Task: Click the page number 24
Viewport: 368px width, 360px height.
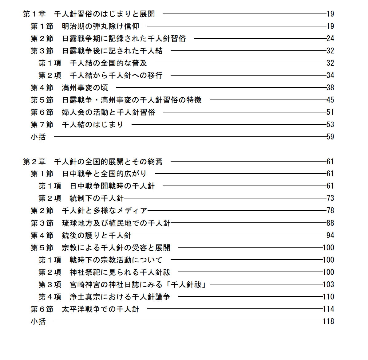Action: coord(330,39)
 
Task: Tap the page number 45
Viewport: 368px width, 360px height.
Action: coord(330,100)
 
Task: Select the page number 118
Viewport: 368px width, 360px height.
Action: coord(328,322)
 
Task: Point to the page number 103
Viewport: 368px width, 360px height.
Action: coord(328,285)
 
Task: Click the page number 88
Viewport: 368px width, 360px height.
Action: coord(330,223)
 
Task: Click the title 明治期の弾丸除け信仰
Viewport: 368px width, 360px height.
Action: coord(101,26)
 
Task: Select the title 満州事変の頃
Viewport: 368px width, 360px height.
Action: coord(85,88)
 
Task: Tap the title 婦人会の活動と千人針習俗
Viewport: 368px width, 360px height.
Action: coord(109,112)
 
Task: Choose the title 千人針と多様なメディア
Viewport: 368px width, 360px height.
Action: coord(105,211)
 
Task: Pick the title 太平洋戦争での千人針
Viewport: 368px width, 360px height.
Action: coord(101,309)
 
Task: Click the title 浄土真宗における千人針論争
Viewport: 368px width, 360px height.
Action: coord(120,297)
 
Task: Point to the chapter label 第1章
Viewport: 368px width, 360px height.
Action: coord(34,14)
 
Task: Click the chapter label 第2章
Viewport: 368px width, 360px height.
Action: coord(34,162)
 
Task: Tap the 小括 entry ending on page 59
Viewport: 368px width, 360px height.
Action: coord(38,137)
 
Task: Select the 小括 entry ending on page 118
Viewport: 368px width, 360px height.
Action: coord(38,322)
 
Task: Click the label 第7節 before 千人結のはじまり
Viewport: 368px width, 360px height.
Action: coord(42,125)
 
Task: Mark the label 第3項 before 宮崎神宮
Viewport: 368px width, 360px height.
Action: coord(50,285)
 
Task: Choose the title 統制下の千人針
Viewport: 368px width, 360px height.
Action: coord(97,198)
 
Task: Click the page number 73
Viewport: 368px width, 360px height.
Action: coord(330,198)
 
